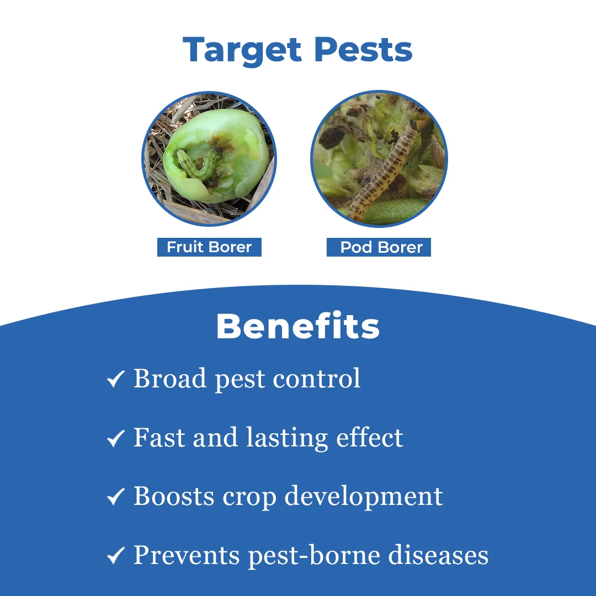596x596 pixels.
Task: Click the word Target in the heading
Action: point(242,51)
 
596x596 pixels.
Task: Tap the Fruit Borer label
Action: point(210,247)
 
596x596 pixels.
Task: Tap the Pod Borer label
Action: point(379,247)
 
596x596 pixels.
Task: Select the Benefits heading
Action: point(298,326)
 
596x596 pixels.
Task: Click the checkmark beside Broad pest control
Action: point(115,379)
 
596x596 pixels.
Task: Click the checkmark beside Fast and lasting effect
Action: point(115,438)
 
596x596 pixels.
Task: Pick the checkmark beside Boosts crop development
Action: point(115,497)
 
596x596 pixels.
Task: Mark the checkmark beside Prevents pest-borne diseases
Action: point(115,555)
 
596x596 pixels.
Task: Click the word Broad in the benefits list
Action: point(170,378)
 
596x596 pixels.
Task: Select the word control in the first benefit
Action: point(317,378)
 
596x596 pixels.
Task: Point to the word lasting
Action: point(287,438)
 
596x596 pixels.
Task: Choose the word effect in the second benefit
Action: point(370,437)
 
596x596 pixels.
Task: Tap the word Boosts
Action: point(174,496)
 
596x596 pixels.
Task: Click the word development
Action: point(364,497)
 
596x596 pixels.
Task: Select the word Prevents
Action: point(187,555)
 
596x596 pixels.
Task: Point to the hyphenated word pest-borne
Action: point(314,556)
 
